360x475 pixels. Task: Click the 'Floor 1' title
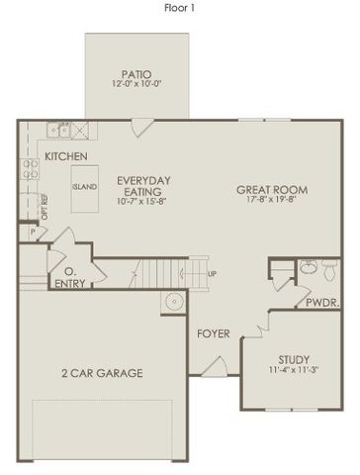[x=180, y=7]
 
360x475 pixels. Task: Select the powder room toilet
[x=308, y=267]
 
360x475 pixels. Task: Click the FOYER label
[x=214, y=334]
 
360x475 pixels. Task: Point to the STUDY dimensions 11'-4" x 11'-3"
[x=293, y=371]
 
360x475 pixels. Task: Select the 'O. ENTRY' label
[x=71, y=277]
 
